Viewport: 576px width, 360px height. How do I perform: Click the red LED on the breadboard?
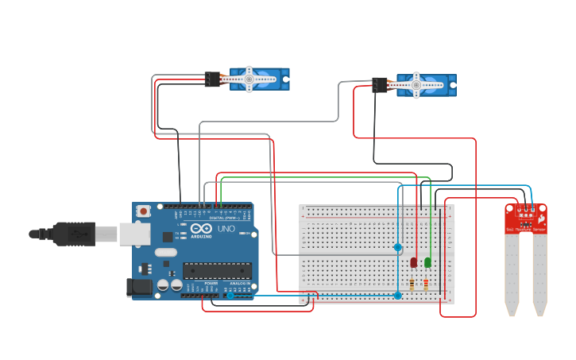coord(414,262)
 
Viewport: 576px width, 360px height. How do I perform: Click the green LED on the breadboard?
coord(427,262)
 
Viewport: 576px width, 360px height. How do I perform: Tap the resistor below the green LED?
coord(426,285)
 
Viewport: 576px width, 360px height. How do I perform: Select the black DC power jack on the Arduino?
coord(140,288)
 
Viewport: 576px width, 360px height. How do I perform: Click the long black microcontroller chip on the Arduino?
coord(217,270)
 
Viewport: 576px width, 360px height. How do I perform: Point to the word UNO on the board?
coord(226,229)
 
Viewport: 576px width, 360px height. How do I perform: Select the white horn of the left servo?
coord(249,79)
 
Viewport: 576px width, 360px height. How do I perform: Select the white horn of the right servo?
coord(416,84)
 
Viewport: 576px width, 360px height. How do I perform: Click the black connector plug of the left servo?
coord(212,79)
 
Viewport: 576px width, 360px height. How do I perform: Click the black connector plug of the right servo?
coord(380,84)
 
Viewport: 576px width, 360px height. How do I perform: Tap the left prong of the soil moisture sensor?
coord(512,270)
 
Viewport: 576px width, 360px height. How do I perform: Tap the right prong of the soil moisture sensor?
coord(540,270)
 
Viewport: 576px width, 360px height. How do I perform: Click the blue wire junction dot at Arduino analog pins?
coord(230,296)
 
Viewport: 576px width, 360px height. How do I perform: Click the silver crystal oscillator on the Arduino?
coord(166,253)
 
